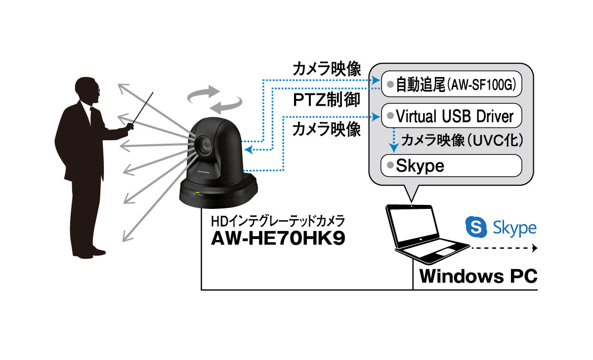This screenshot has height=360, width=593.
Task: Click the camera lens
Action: click(x=204, y=145)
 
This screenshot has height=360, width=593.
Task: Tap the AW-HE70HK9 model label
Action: click(x=278, y=239)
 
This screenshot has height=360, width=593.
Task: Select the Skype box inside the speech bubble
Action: click(x=451, y=165)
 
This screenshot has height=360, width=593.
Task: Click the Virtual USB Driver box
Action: click(x=451, y=117)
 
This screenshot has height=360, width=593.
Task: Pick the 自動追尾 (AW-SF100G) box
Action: click(x=451, y=85)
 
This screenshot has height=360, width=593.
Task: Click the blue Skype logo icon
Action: click(x=476, y=227)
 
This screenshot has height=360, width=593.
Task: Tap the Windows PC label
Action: click(x=478, y=276)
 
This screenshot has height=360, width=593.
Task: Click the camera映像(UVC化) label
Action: click(x=462, y=141)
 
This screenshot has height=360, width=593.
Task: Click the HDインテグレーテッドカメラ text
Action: click(x=274, y=220)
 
